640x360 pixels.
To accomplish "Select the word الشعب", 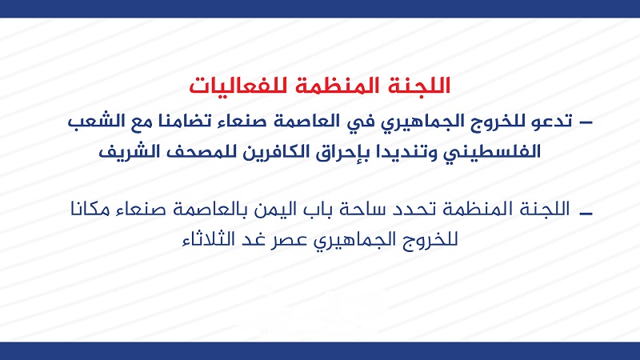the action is (x=95, y=122).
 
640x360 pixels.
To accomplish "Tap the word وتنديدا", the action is (x=402, y=152).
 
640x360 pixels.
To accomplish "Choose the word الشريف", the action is (x=128, y=152).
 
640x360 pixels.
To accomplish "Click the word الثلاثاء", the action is (x=208, y=238).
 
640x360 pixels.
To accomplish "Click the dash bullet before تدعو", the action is (x=586, y=122).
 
